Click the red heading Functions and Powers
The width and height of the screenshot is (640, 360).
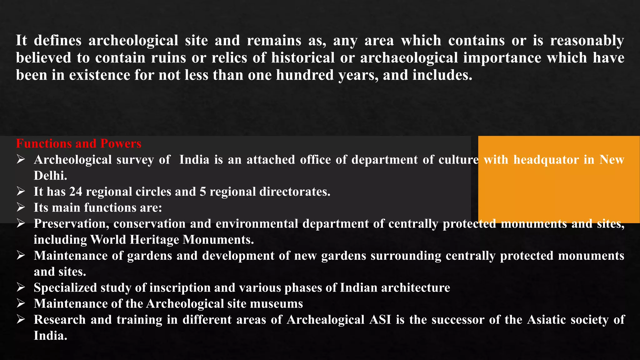78,144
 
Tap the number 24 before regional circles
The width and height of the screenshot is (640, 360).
76,192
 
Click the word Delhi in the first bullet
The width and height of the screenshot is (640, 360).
50,176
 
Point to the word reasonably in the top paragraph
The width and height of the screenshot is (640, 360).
587,41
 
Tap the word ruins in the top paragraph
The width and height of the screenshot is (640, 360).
169,58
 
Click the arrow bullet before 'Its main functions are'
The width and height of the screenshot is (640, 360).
21,207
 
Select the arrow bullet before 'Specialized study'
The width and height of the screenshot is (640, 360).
21,287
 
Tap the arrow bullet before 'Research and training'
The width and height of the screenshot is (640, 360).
21,319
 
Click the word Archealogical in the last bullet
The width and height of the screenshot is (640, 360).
326,320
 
